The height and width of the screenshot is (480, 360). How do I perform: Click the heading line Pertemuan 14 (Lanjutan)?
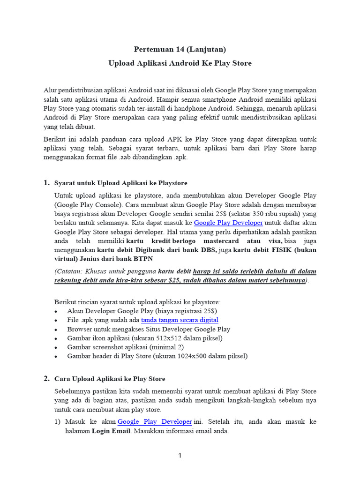180,49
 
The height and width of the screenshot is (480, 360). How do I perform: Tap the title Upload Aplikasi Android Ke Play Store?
180,63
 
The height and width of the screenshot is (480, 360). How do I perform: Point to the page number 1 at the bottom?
180,456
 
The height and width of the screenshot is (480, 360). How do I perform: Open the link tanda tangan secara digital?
180,320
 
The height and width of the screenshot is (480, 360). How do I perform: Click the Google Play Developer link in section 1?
228,223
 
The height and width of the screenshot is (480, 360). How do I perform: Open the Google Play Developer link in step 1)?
155,422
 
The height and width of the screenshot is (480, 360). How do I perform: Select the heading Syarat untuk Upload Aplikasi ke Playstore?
121,183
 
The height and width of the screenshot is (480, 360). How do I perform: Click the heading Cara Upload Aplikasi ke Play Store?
110,379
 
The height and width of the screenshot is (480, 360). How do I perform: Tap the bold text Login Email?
111,431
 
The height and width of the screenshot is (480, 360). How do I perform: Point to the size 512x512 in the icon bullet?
166,338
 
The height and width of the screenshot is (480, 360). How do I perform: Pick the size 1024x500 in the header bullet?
185,356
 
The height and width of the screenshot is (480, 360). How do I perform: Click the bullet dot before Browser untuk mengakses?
57,330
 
